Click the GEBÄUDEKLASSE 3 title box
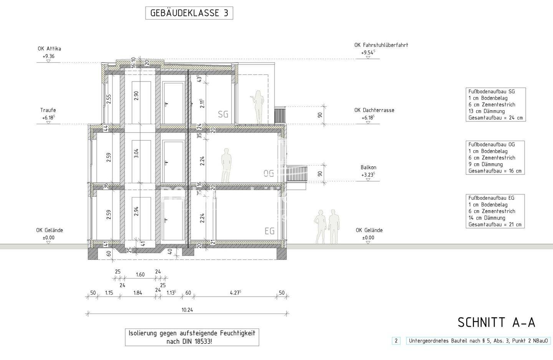(189, 13)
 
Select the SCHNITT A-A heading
(496, 323)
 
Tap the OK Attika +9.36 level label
(49, 53)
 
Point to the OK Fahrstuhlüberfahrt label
(381, 45)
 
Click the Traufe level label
(49, 114)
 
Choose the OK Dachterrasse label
(374, 110)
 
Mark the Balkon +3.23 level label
(368, 171)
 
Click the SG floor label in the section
(223, 114)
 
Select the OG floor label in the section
(269, 173)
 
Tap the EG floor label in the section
(270, 231)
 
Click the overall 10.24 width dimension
(187, 310)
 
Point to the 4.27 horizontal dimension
(235, 293)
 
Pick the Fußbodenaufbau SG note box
(495, 105)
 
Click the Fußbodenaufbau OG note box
(495, 158)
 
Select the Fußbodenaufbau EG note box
(495, 211)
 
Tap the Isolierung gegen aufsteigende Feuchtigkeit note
(192, 337)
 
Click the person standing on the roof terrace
(258, 107)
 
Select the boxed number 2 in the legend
(396, 340)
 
